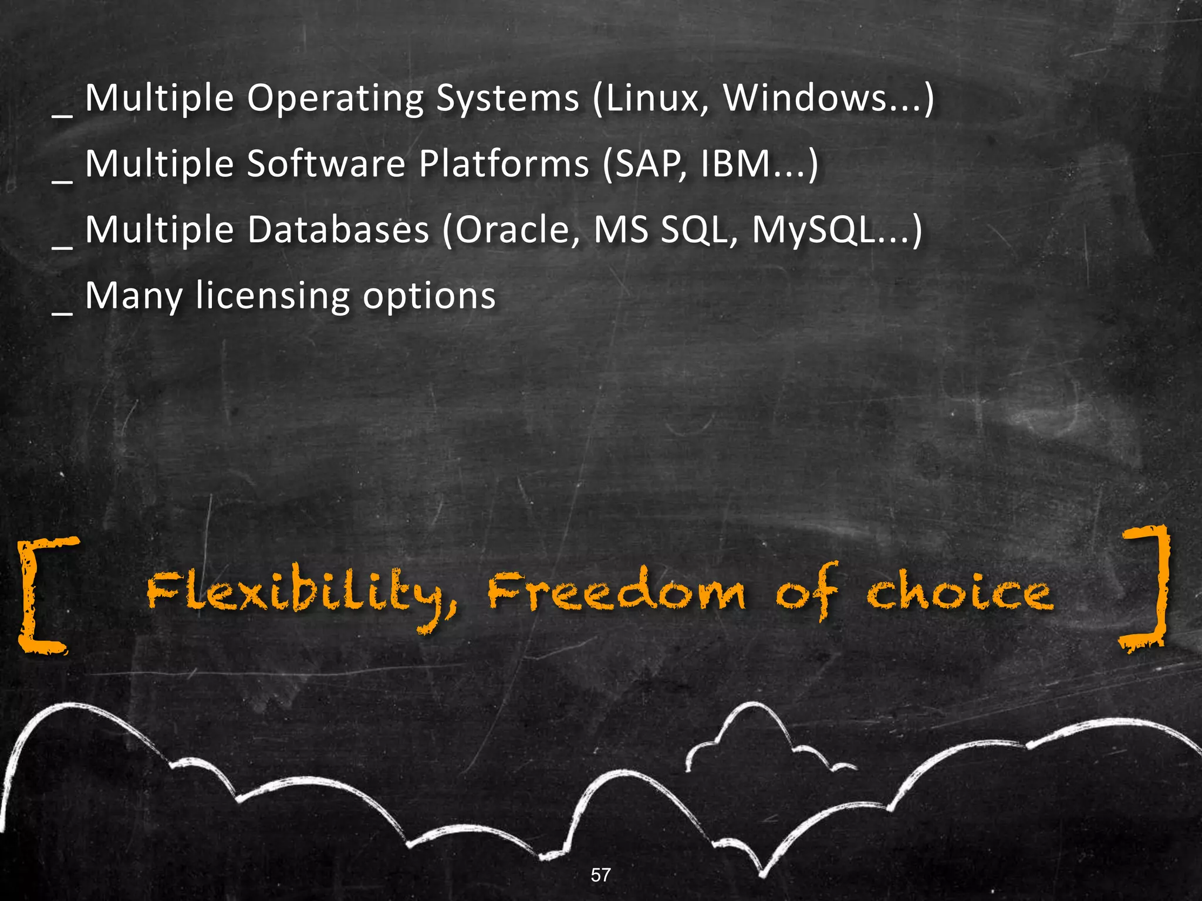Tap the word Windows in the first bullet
pos(805,98)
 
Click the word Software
pos(326,164)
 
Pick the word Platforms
pos(504,164)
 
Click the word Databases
pos(337,229)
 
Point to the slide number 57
pos(600,875)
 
